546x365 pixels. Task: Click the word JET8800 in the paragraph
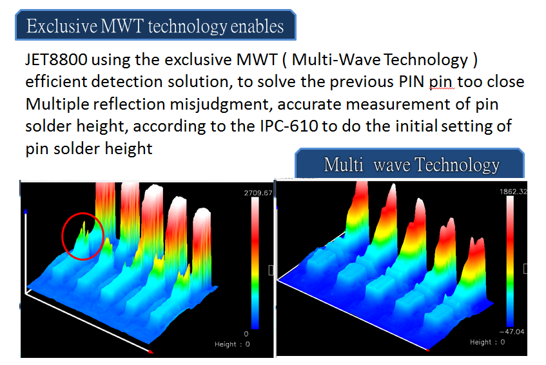(x=56, y=59)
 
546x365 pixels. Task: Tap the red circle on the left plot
(x=63, y=237)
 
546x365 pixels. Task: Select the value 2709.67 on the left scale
(x=258, y=193)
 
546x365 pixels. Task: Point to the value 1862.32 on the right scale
(x=513, y=192)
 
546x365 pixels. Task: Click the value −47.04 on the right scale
(x=512, y=331)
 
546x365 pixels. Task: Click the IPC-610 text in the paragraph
(x=289, y=126)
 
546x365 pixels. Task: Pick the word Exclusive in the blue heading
(x=62, y=26)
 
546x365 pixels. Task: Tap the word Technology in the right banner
(x=457, y=164)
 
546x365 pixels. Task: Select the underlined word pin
(x=442, y=82)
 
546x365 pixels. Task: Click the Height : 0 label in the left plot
(x=232, y=344)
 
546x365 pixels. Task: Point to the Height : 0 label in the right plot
(x=487, y=342)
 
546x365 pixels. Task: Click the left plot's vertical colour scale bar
(x=255, y=264)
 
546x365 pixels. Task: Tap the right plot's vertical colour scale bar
(x=510, y=261)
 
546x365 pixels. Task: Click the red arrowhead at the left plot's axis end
(x=150, y=351)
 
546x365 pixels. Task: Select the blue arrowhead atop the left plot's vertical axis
(x=26, y=211)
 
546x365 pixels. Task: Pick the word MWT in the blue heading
(x=122, y=26)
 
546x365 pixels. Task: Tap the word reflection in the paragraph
(x=130, y=104)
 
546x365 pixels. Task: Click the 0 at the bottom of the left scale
(x=246, y=333)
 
